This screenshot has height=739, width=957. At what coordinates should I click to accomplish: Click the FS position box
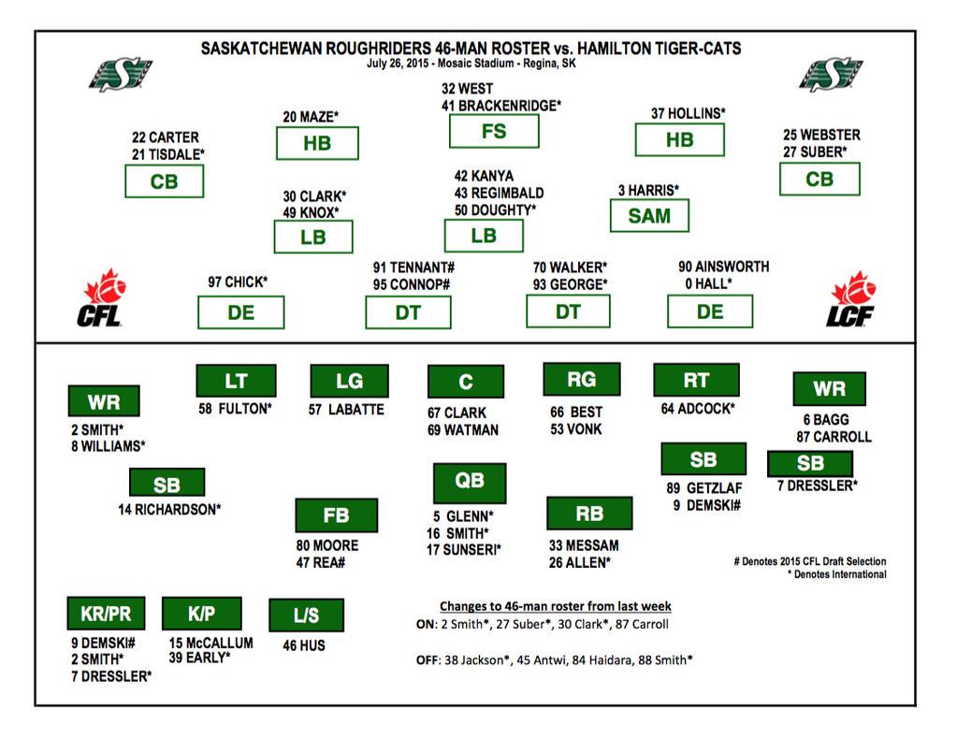[493, 131]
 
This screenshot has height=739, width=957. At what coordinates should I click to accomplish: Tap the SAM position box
[648, 216]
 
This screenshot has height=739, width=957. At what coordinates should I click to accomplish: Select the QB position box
[470, 481]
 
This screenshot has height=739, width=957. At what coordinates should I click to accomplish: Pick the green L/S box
[305, 616]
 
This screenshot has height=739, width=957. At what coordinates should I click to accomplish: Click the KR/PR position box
[106, 614]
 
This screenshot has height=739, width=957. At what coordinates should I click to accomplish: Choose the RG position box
[581, 379]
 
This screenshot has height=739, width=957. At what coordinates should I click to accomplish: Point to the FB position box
[336, 515]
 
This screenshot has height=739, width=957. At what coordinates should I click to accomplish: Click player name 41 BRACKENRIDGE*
[501, 106]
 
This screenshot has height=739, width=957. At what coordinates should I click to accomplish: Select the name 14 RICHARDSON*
[169, 510]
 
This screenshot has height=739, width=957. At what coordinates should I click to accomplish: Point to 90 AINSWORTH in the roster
[724, 267]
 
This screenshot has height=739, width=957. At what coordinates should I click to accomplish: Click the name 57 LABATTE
[346, 409]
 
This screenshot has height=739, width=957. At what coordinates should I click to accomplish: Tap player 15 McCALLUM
[211, 643]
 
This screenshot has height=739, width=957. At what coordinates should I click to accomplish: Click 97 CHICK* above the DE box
[238, 282]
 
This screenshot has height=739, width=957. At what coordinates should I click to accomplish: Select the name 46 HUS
[303, 645]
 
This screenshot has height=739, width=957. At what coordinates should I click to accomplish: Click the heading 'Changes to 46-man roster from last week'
[555, 606]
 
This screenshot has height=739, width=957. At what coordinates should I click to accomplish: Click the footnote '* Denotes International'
[836, 574]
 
